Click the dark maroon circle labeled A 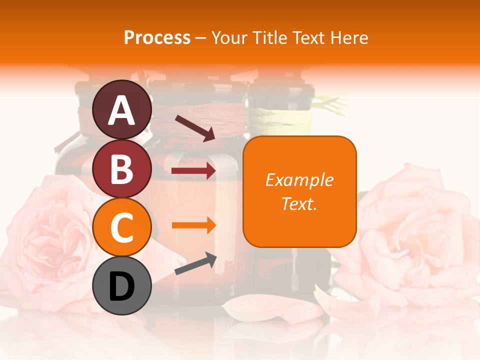pos(121,110)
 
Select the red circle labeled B pos(121,169)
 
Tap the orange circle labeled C pos(121,227)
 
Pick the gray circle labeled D pos(121,286)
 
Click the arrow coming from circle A pos(194,128)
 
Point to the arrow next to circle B pos(193,171)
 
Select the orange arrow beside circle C pos(193,225)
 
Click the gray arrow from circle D pos(195,263)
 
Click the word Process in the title pos(157,38)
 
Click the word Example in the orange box pos(299,180)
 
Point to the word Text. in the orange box pos(299,203)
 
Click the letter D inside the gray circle pos(121,287)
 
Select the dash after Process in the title pos(201,38)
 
